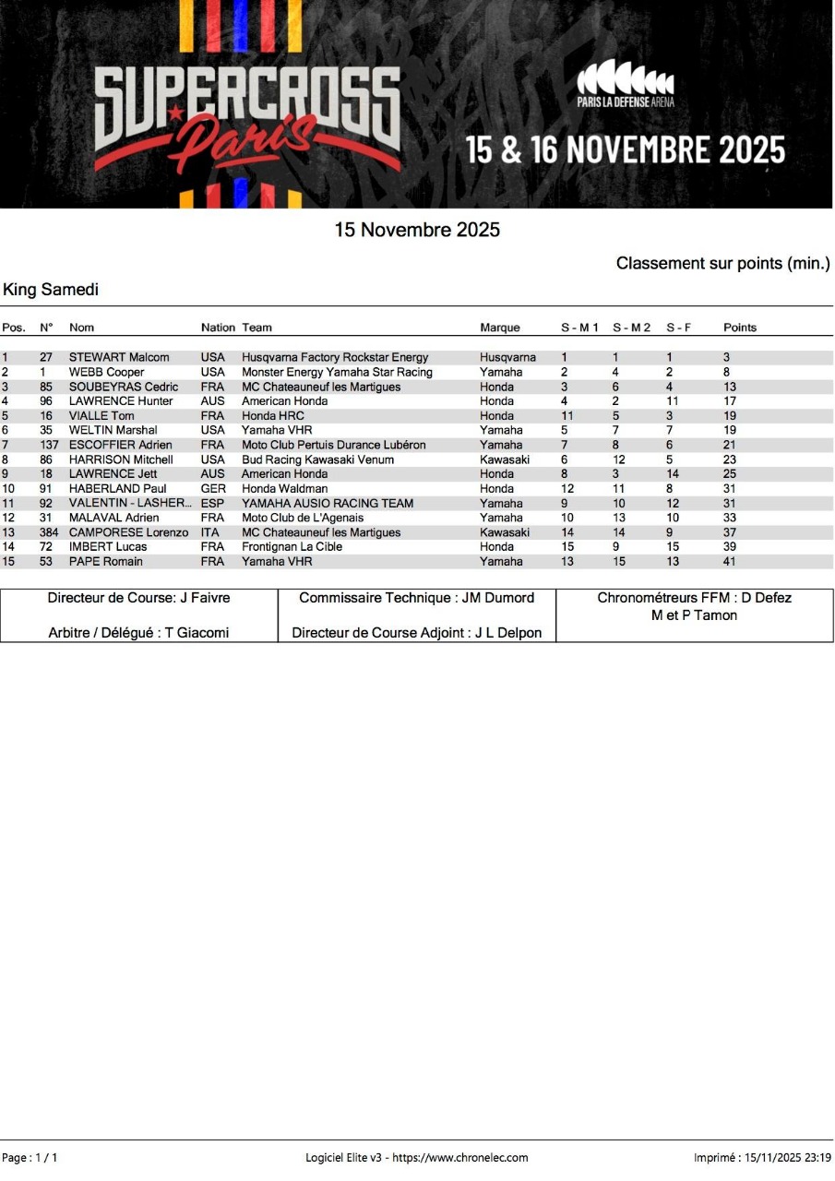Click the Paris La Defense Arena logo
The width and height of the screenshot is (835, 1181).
point(625,84)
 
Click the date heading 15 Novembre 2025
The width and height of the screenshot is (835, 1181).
point(417,230)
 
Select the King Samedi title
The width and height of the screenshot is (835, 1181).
point(51,290)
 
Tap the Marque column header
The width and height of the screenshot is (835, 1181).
point(499,328)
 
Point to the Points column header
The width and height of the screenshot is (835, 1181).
point(739,328)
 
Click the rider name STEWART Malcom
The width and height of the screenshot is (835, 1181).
point(119,357)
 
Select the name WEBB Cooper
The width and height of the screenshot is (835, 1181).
point(106,372)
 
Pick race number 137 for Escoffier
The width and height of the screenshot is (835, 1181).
point(49,445)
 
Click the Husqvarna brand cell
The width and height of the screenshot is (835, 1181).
point(507,357)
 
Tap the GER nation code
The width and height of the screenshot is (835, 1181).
point(212,488)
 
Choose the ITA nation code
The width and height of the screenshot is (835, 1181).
point(210,532)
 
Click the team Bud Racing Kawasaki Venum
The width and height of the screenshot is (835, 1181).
point(317,459)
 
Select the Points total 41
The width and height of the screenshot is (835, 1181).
point(730,561)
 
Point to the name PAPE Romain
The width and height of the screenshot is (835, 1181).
point(105,561)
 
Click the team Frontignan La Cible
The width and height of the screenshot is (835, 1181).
point(292,546)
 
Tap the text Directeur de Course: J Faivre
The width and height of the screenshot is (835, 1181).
point(138,598)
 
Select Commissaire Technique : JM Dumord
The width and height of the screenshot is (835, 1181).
point(416,598)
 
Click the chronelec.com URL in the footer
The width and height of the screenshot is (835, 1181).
point(460,1157)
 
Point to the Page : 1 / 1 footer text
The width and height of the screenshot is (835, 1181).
point(30,1157)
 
